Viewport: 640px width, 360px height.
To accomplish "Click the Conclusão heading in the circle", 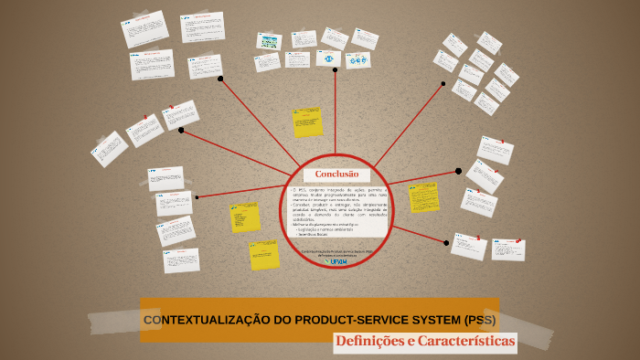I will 336,174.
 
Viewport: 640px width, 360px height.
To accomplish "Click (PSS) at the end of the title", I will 480,320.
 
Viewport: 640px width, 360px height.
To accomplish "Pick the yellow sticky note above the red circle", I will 307,122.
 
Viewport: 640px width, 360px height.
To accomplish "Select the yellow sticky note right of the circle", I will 423,196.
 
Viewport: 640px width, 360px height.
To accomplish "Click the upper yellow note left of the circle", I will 245,217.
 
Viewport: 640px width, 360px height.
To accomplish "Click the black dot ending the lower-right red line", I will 446,243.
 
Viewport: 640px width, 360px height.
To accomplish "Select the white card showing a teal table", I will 269,41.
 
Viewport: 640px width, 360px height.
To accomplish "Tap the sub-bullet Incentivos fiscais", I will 315,234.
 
